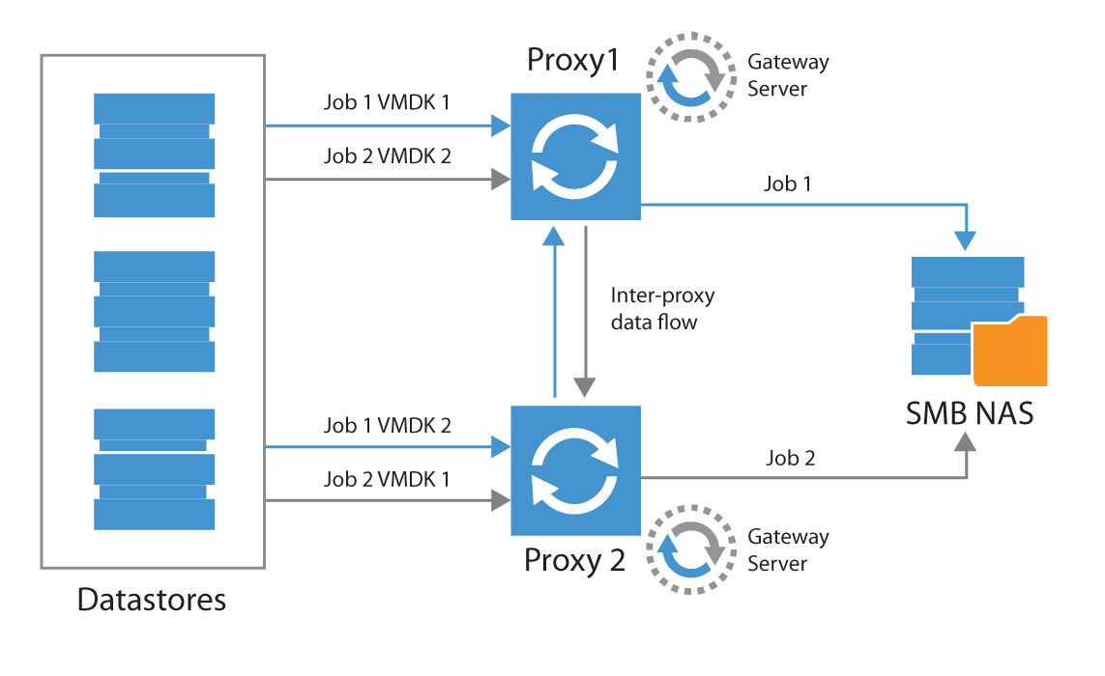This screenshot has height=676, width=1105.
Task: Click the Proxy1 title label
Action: tap(572, 62)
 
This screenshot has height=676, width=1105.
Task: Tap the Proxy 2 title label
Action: tap(574, 560)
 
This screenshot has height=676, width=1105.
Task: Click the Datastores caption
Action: tap(152, 600)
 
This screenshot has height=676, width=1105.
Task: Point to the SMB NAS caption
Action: tap(970, 413)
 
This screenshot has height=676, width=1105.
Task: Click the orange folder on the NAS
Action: tap(1010, 352)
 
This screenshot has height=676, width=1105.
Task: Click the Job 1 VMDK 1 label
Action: tap(387, 102)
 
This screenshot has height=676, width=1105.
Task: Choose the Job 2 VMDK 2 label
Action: tap(387, 156)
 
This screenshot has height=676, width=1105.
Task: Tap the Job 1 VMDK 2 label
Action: tap(387, 425)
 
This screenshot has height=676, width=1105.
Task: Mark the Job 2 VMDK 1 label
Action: tap(387, 478)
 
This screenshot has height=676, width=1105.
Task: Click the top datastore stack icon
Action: tap(154, 155)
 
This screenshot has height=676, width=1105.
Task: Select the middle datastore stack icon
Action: tap(154, 311)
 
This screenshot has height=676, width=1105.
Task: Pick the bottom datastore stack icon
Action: tap(154, 469)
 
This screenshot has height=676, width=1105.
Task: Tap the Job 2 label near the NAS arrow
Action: tap(790, 459)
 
